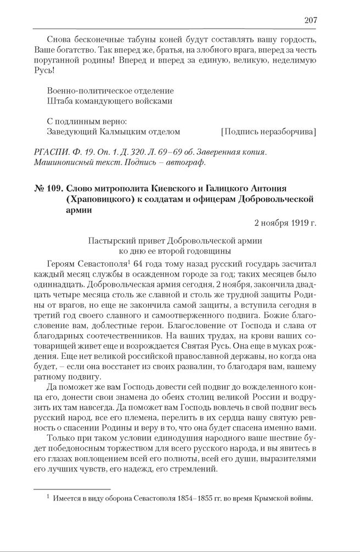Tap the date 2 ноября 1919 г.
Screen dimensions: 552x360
click(x=285, y=223)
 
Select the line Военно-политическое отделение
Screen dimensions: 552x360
click(x=110, y=91)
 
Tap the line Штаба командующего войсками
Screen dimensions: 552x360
click(x=110, y=101)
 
